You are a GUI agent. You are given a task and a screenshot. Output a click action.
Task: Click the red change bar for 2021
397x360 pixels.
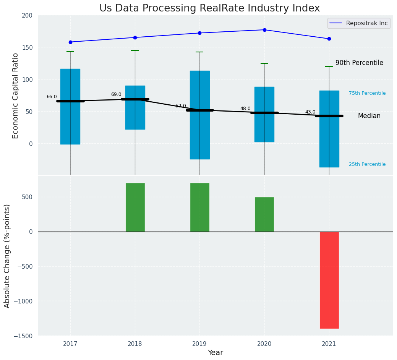tap(329, 280)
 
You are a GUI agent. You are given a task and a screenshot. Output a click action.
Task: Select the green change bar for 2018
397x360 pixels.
tap(135, 207)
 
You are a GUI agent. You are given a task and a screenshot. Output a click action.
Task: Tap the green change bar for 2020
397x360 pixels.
tap(264, 214)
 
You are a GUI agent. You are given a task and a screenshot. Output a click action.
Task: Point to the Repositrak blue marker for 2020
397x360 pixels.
tap(264, 30)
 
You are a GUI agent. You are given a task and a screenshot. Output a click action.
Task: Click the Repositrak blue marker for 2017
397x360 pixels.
tap(70, 42)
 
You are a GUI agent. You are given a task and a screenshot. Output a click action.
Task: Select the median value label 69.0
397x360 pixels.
tap(116, 94)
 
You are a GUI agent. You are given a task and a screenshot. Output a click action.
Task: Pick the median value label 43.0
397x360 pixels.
tap(310, 112)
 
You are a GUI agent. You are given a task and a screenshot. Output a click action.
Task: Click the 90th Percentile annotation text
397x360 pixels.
tap(359, 63)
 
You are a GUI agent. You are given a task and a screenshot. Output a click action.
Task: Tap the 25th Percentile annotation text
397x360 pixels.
tap(367, 164)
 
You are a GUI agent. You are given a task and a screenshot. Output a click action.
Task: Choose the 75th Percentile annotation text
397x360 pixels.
tap(367, 93)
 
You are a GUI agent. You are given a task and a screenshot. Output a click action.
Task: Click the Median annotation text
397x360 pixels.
tap(369, 116)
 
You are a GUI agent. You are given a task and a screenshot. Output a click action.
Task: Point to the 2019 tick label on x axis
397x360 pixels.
tap(199, 344)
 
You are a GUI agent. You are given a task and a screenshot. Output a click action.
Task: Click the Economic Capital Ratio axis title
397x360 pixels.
tap(16, 96)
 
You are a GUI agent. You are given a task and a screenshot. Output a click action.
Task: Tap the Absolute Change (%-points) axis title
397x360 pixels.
tap(7, 256)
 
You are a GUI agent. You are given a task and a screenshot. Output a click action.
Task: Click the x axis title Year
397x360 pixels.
tap(215, 353)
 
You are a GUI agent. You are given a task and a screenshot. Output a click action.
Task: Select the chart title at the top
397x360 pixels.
tap(209, 8)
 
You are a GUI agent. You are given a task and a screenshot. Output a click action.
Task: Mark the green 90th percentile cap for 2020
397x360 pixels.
tap(264, 63)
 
